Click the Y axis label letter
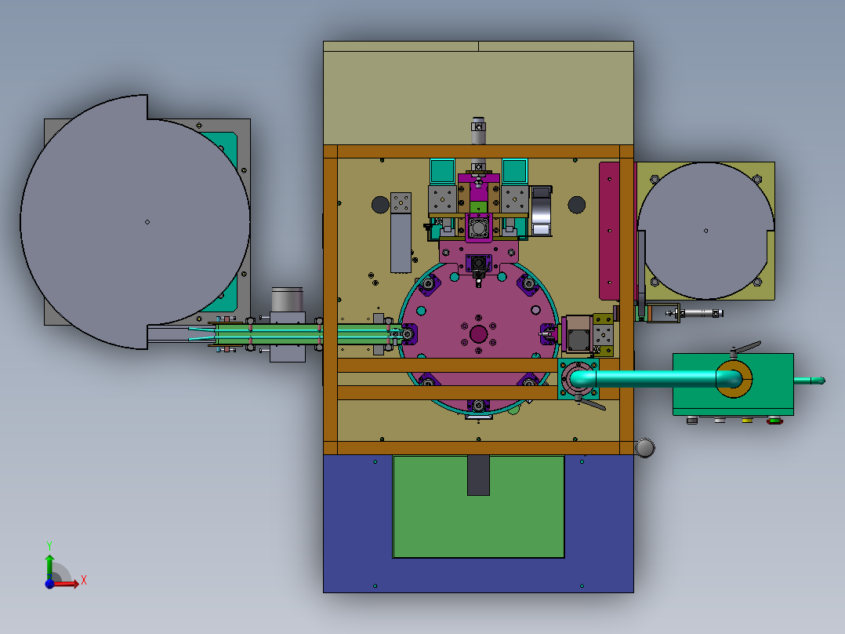click(x=49, y=545)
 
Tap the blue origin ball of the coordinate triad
click(x=49, y=583)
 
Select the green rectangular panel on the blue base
click(x=478, y=507)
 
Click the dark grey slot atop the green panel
click(x=478, y=475)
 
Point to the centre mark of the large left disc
click(x=147, y=222)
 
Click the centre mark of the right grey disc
click(x=706, y=231)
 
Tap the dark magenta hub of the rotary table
click(x=478, y=334)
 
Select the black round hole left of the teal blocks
click(x=380, y=205)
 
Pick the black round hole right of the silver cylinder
click(x=577, y=205)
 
